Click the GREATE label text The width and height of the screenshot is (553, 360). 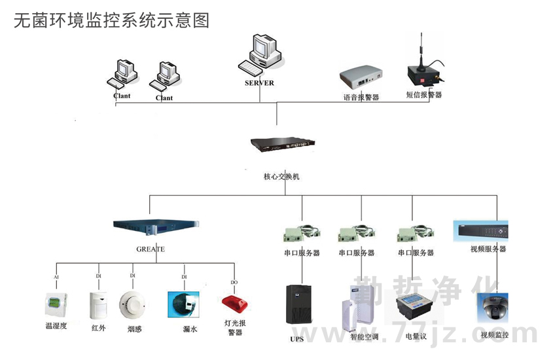point(151,249)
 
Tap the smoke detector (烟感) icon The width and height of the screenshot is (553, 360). point(133,306)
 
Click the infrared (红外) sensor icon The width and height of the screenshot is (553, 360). point(98,306)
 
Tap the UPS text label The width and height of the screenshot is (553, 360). point(297,339)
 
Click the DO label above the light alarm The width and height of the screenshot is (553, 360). point(234,282)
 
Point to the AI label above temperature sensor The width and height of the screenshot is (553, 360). point(56,277)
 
